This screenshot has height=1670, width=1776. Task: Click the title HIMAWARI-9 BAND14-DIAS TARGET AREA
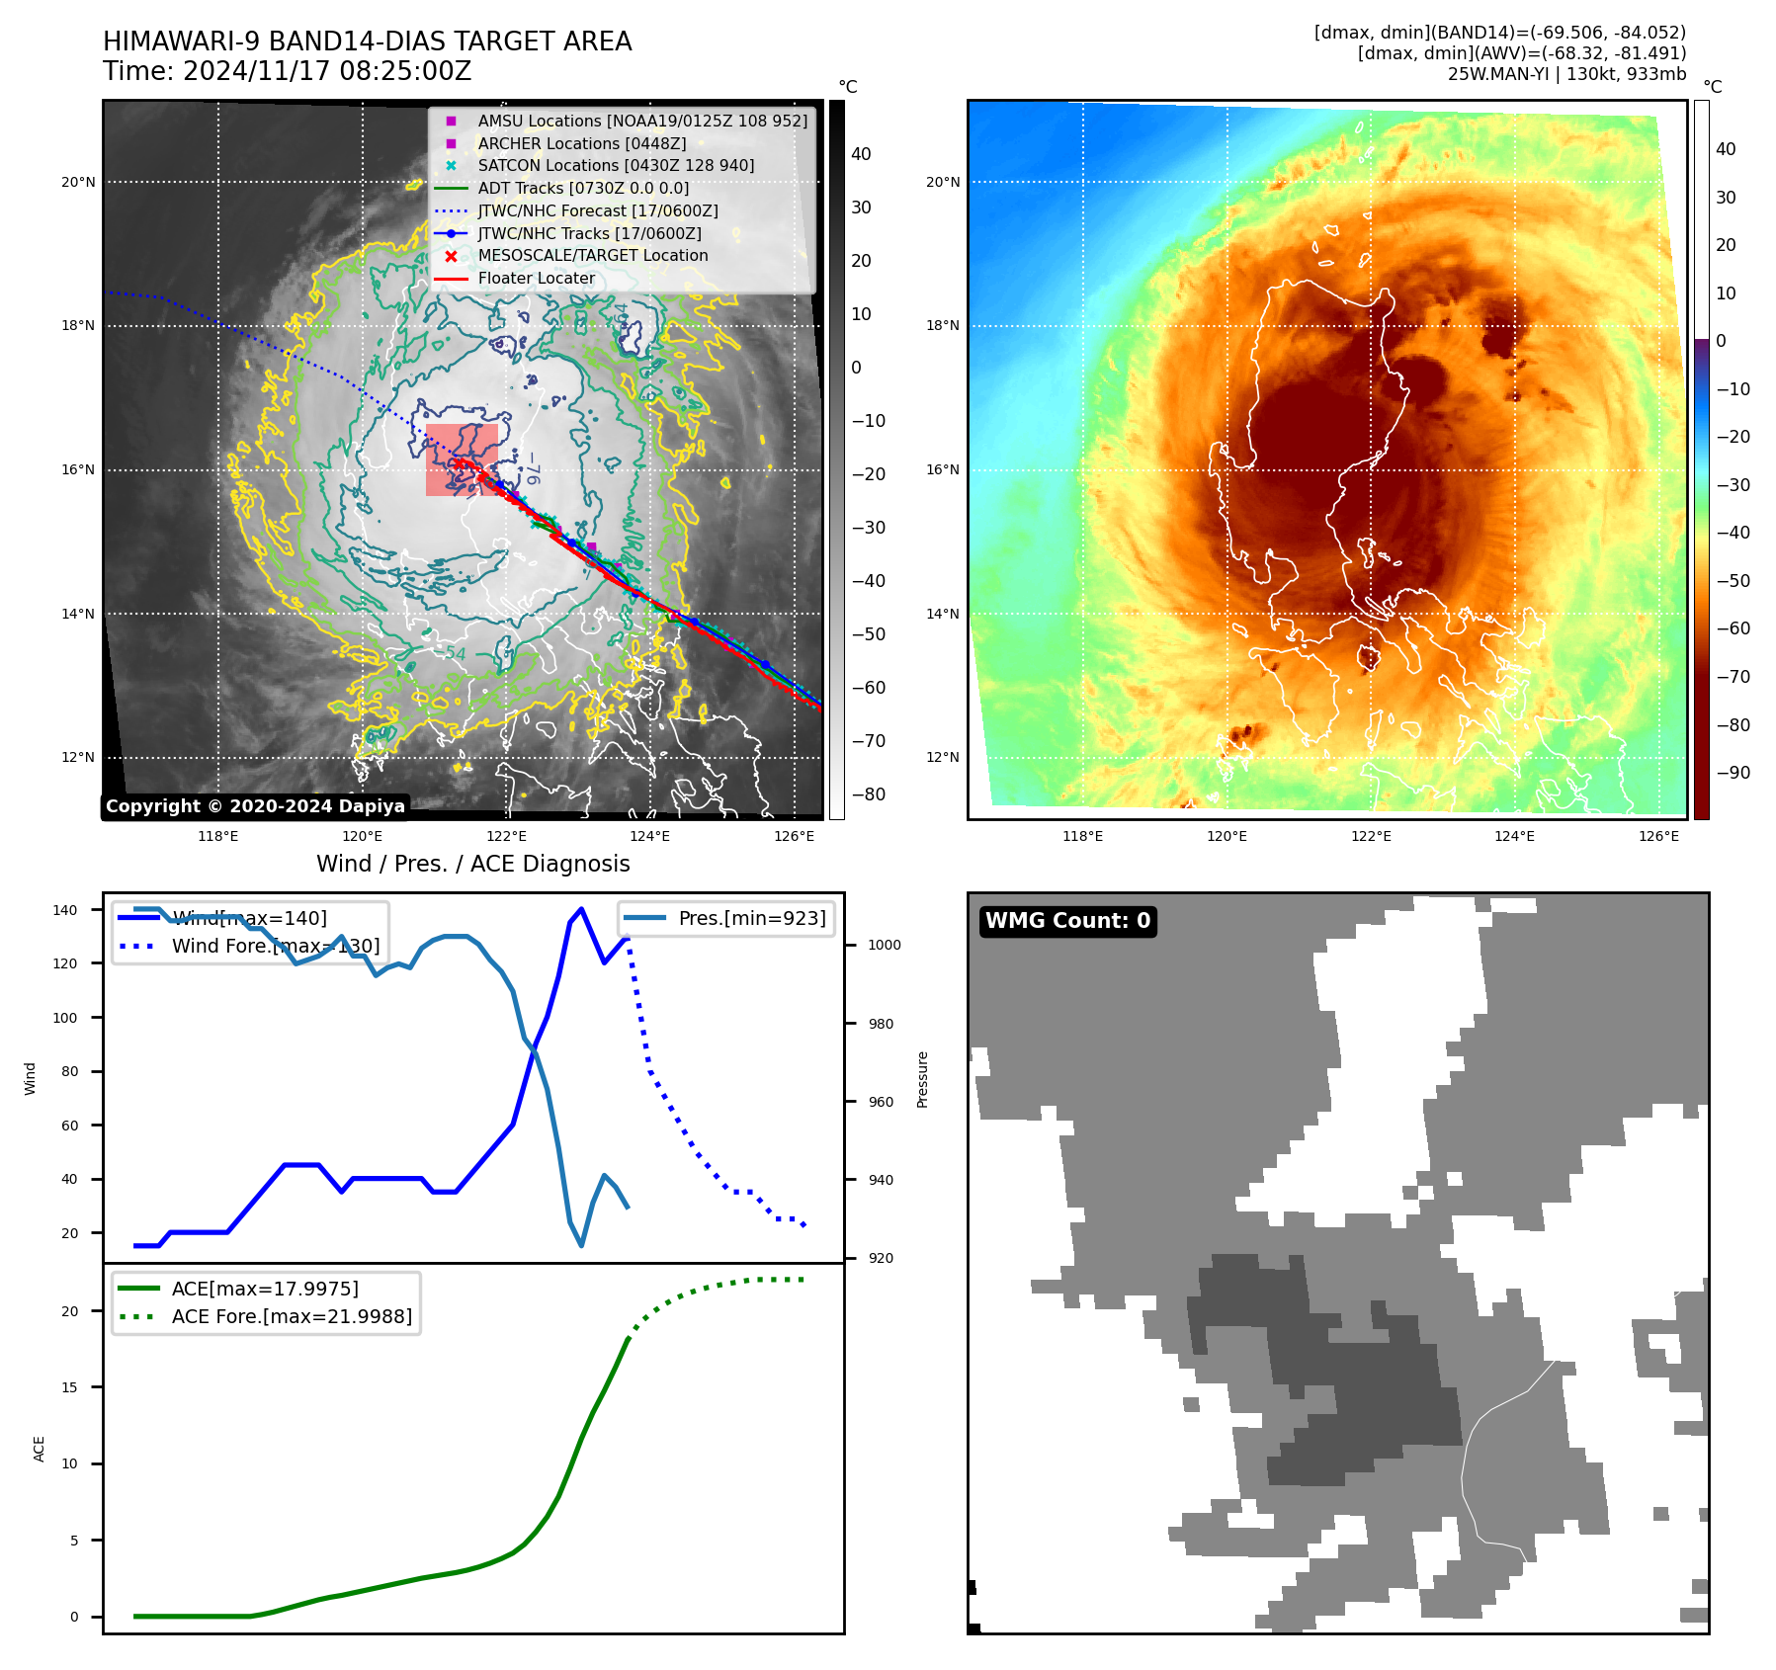click(x=367, y=42)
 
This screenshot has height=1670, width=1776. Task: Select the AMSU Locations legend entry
click(x=641, y=121)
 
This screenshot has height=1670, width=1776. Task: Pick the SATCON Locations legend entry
click(x=615, y=165)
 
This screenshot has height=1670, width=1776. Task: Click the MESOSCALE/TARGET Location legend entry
click(x=592, y=255)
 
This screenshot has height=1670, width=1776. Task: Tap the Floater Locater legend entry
click(x=536, y=278)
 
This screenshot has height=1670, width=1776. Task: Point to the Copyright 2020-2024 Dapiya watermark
click(x=255, y=806)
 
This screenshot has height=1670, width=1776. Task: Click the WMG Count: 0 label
click(x=1067, y=921)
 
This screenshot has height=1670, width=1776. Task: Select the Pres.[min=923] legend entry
click(x=751, y=918)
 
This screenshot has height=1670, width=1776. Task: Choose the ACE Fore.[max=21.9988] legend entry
click(x=291, y=1316)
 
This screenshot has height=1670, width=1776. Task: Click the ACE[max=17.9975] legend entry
click(x=264, y=1289)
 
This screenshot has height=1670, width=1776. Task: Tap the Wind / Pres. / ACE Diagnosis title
click(x=472, y=864)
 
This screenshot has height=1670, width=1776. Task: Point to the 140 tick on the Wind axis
click(x=64, y=910)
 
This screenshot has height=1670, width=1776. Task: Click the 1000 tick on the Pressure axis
click(x=884, y=945)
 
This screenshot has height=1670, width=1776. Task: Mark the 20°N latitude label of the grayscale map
click(x=78, y=182)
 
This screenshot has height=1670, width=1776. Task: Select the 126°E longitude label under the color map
click(x=1658, y=836)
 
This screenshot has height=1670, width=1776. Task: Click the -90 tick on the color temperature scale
click(x=1733, y=773)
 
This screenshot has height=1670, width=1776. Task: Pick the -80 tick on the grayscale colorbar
click(x=869, y=794)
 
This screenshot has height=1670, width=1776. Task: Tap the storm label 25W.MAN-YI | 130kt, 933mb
click(x=1566, y=74)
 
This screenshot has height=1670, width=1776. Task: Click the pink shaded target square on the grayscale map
click(x=462, y=459)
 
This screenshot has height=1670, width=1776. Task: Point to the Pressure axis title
click(x=923, y=1079)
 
